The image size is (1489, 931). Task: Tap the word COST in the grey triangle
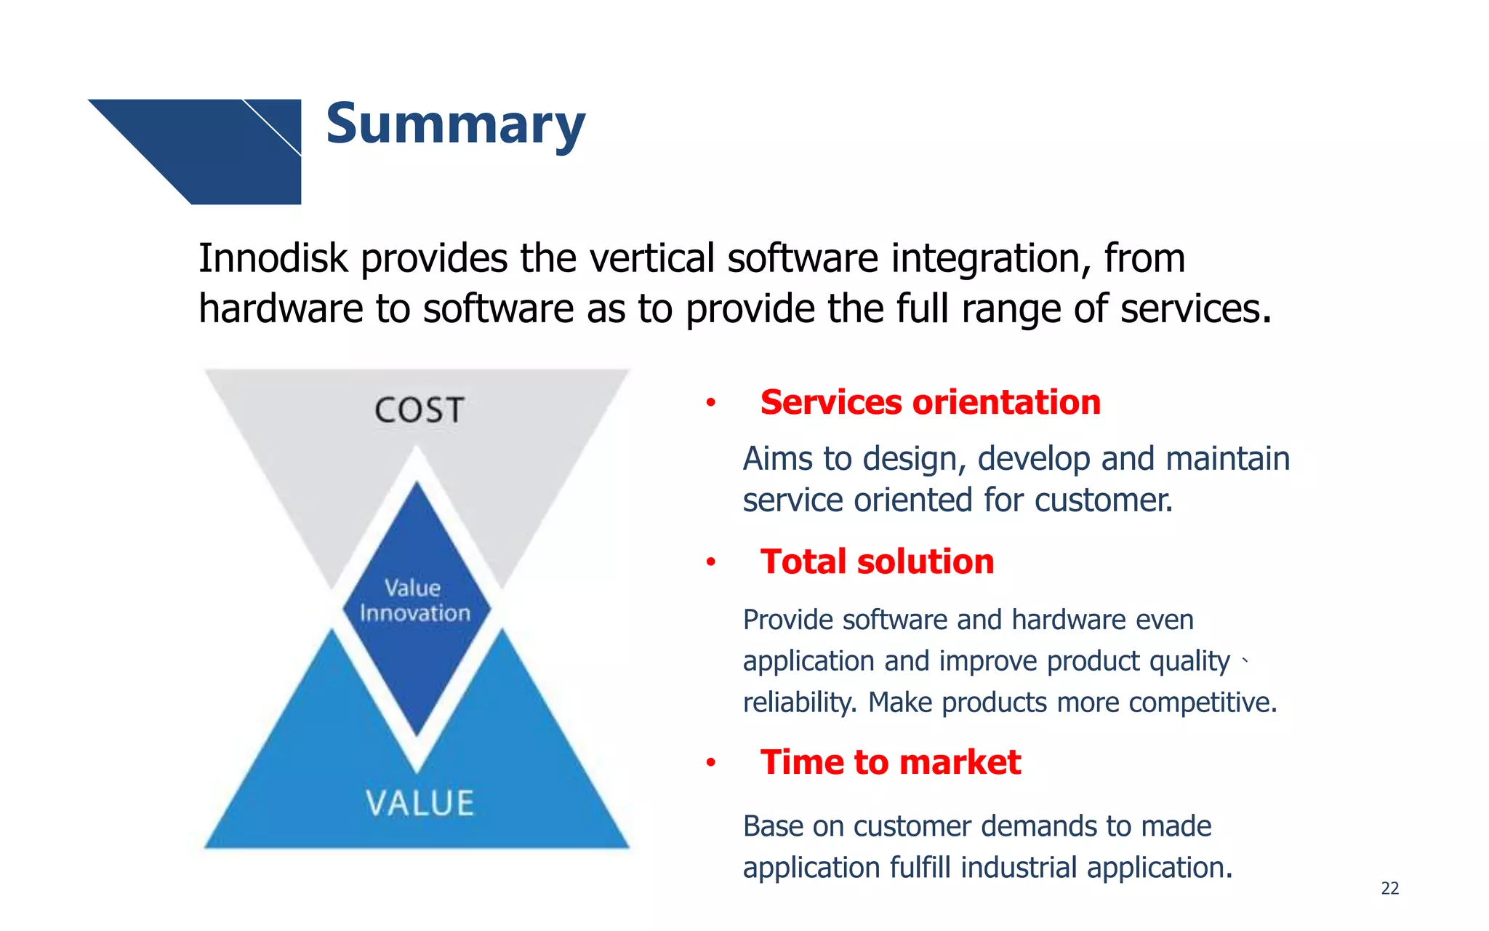click(x=420, y=410)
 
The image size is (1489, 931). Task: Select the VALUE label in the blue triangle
click(x=420, y=804)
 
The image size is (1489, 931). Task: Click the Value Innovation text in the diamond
click(x=414, y=601)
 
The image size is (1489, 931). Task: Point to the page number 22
click(x=1389, y=888)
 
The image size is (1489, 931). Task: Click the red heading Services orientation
click(x=930, y=402)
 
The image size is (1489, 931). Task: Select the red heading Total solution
click(x=877, y=562)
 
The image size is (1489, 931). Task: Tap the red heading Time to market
click(x=890, y=762)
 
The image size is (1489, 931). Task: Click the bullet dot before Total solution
click(x=711, y=562)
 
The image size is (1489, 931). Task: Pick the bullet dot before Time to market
click(x=711, y=763)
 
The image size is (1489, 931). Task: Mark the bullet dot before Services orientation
click(x=711, y=403)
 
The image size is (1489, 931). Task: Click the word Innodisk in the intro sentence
click(x=273, y=259)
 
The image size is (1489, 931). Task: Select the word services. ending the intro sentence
click(x=1195, y=309)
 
